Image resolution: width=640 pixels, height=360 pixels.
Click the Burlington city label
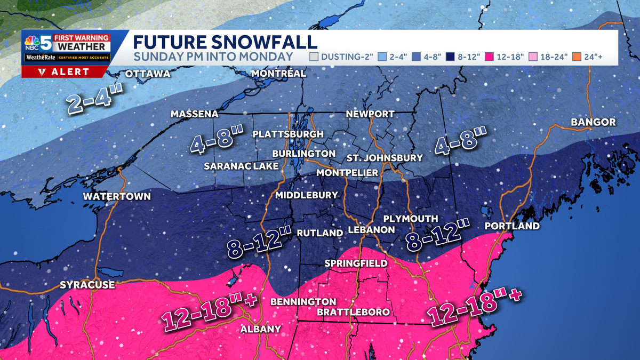(303, 154)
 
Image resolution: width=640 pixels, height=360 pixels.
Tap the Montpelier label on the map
(347, 173)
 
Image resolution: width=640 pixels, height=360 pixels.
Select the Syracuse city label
(87, 285)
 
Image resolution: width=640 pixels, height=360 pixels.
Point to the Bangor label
(593, 122)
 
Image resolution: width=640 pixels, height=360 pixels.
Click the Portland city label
(512, 226)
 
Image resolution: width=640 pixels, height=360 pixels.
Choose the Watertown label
(117, 197)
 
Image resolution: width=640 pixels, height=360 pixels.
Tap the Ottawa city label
(148, 74)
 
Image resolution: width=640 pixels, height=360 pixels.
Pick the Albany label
(260, 329)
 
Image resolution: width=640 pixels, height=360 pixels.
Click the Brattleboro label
(353, 312)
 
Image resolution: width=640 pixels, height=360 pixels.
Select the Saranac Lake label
(241, 166)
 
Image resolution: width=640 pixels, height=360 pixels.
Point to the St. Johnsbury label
(385, 158)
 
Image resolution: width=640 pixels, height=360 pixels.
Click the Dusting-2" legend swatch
(315, 57)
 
